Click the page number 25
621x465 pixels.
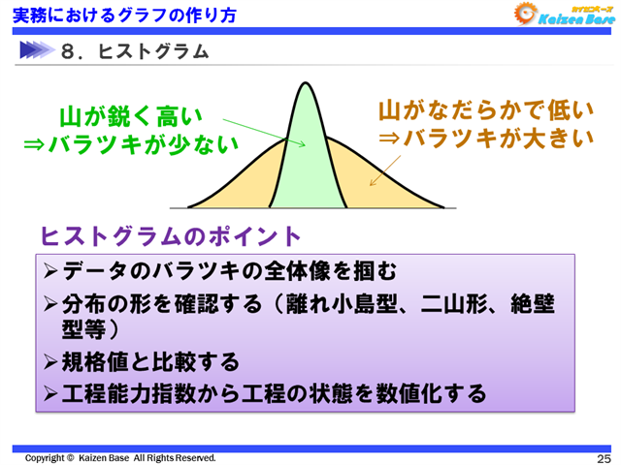coord(603,458)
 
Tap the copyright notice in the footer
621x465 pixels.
coord(120,457)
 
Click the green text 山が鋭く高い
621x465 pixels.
coord(131,116)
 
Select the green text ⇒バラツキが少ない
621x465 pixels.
coord(131,144)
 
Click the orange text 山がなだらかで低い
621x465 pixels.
coord(484,110)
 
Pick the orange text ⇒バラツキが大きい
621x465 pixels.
coord(484,139)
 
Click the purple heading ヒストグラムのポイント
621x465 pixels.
coord(170,236)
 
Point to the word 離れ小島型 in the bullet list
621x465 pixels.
coord(331,305)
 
